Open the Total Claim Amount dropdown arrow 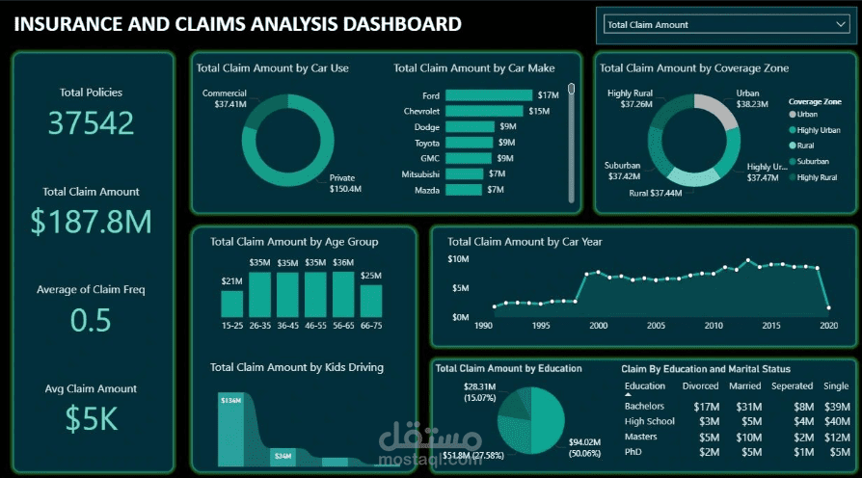pos(829,24)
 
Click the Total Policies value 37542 pos(91,123)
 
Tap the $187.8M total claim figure pos(91,222)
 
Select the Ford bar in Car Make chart pos(489,95)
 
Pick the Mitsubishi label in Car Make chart pos(419,173)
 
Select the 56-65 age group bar pos(343,294)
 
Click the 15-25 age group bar pos(232,304)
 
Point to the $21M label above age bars pos(232,281)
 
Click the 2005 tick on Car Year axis pos(656,326)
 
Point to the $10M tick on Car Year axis pos(458,259)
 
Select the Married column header pos(745,386)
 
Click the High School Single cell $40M pos(837,421)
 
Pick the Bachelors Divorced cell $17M pos(707,406)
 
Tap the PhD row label pos(634,452)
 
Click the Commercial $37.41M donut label pos(225,98)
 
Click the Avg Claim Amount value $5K pos(91,418)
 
